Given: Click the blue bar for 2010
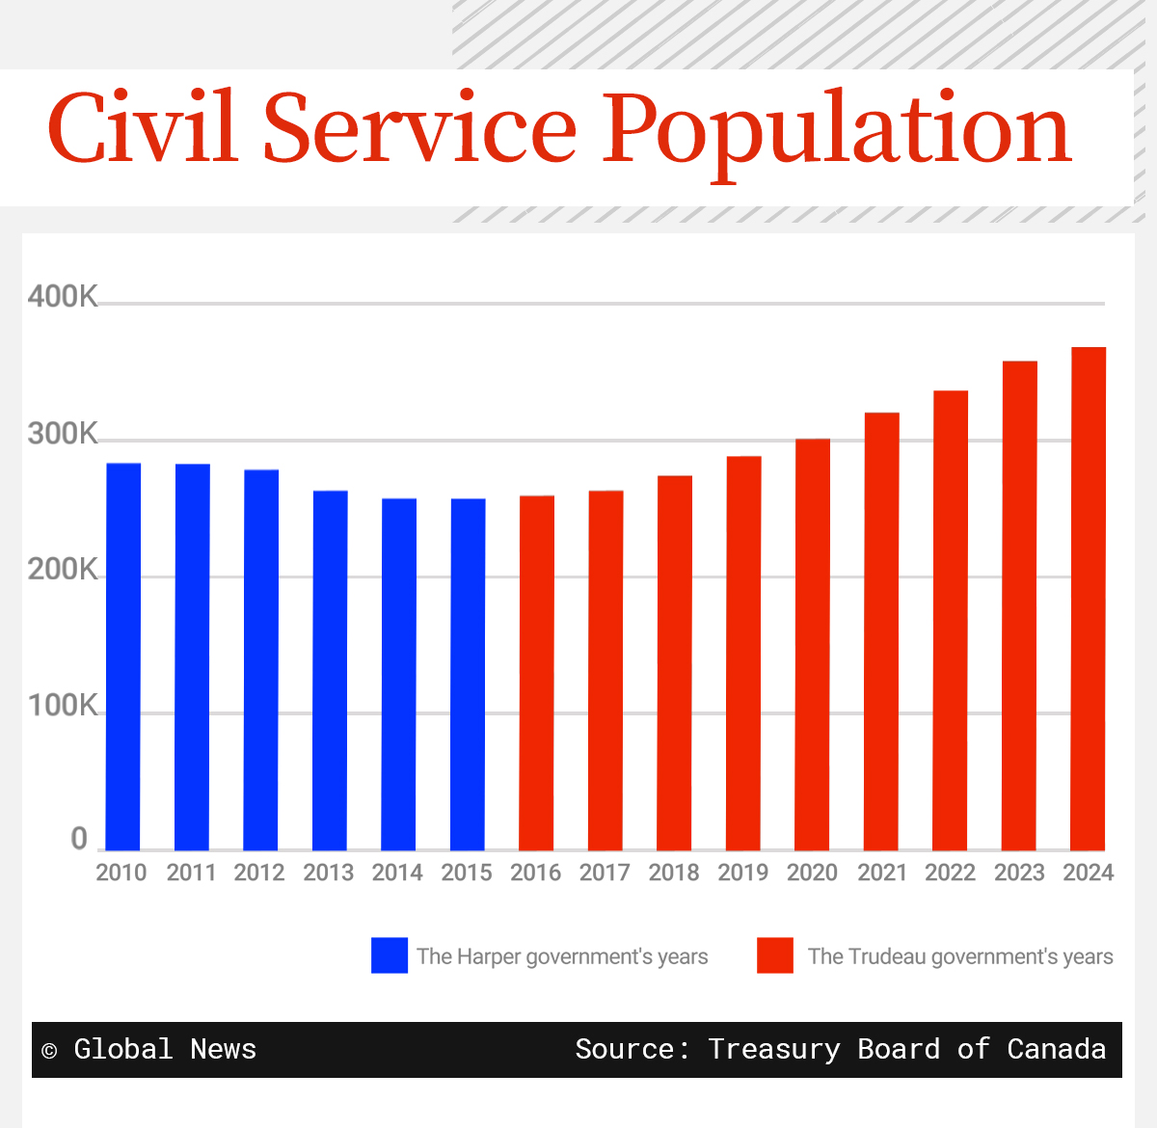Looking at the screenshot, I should point(123,656).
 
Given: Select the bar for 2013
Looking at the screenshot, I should point(330,670).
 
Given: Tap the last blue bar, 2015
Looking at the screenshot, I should point(468,674).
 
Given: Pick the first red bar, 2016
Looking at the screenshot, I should point(537,672).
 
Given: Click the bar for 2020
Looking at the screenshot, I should point(812,644).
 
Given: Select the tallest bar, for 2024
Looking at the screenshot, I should point(1089,598).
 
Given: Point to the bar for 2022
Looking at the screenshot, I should point(950,620).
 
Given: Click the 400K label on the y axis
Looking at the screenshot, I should point(63,297).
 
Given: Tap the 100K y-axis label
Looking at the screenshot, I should point(63,707).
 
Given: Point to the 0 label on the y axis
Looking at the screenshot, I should point(79,840).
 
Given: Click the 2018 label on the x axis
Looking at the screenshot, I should point(674,873).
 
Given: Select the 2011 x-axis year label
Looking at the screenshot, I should point(191,873).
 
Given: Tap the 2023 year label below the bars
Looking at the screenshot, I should point(1019,873).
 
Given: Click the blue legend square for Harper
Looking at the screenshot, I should point(390,955).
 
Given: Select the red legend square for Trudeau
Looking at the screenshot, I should point(775,955).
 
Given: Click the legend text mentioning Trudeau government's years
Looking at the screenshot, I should point(960,956).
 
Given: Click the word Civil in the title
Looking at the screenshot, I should point(143,128).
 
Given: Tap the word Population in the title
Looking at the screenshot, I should point(837,130).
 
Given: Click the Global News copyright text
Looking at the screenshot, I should point(150,1049).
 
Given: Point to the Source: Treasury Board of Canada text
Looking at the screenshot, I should point(840,1049).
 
